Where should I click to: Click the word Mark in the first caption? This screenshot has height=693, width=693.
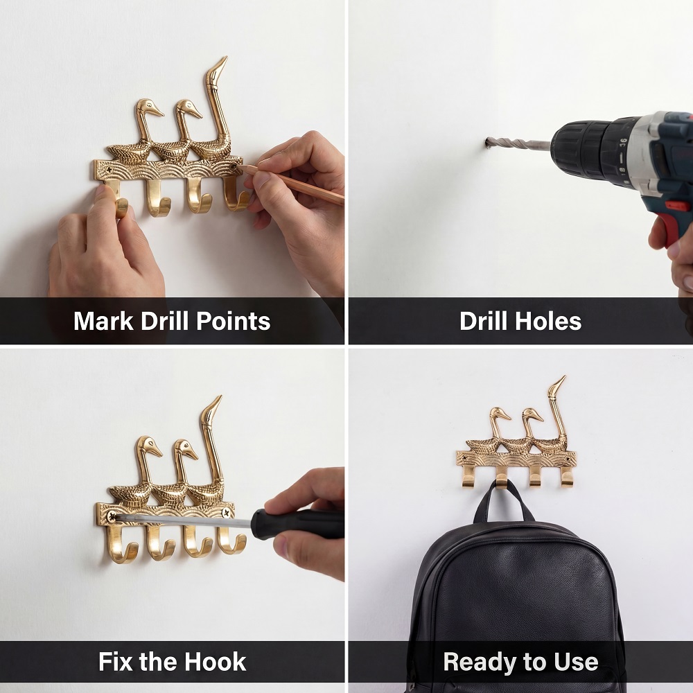pyautogui.click(x=103, y=321)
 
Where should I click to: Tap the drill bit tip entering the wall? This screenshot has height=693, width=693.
pyautogui.click(x=489, y=142)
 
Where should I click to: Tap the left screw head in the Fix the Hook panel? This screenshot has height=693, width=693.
pyautogui.click(x=112, y=516)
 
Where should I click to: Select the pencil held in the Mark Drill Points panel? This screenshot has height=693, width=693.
pyautogui.click(x=292, y=184)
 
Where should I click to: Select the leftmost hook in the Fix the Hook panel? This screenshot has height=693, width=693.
pyautogui.click(x=120, y=544)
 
